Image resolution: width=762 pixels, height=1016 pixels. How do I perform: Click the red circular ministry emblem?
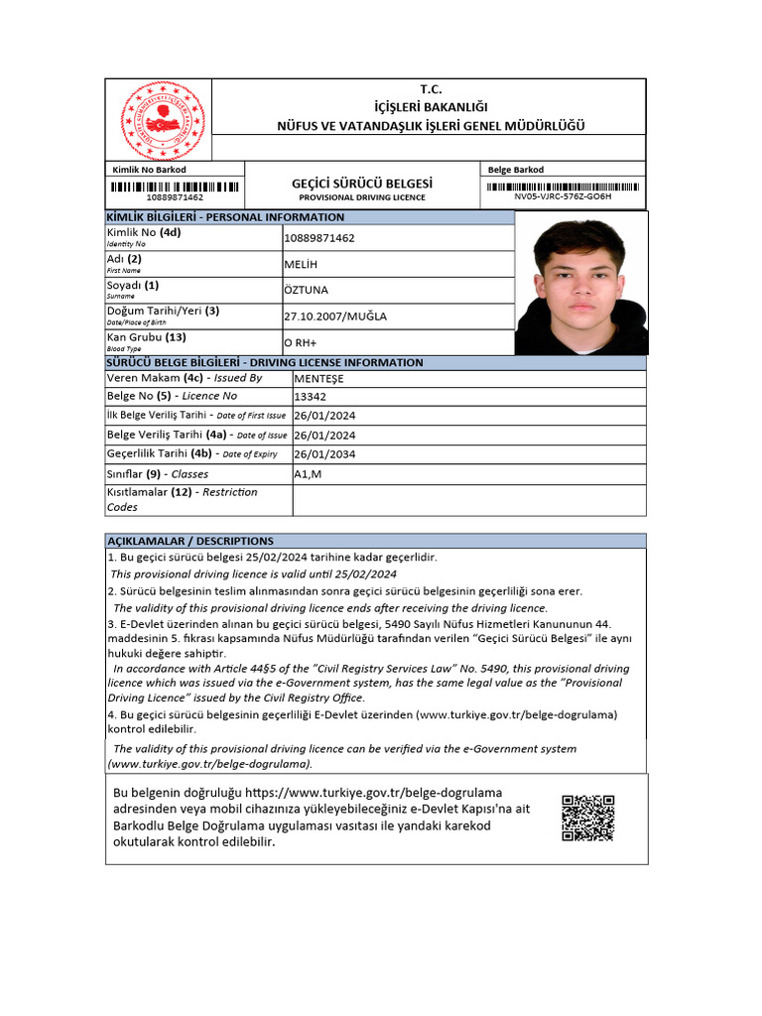(x=161, y=120)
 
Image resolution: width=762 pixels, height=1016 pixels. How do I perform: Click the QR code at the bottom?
(x=587, y=819)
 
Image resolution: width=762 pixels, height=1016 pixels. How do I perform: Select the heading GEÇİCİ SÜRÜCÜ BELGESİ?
(x=362, y=184)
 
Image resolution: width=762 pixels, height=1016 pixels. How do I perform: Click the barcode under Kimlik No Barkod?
(x=175, y=186)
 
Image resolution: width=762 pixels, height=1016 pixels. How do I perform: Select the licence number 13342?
(x=311, y=396)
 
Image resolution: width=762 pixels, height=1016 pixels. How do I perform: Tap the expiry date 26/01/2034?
(x=324, y=454)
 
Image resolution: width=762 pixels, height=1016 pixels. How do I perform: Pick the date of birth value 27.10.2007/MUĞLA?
(x=335, y=317)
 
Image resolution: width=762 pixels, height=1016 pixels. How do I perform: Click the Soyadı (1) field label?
(x=133, y=286)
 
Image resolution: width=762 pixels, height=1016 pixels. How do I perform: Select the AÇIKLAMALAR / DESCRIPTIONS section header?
(x=190, y=541)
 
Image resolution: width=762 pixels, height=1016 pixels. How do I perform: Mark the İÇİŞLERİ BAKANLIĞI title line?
(x=430, y=107)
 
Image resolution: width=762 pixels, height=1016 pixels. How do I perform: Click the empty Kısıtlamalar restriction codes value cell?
(x=468, y=500)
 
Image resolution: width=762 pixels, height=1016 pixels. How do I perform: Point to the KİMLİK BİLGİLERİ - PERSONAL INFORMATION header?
(x=226, y=217)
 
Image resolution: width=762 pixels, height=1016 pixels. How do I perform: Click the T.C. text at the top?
(x=431, y=89)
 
